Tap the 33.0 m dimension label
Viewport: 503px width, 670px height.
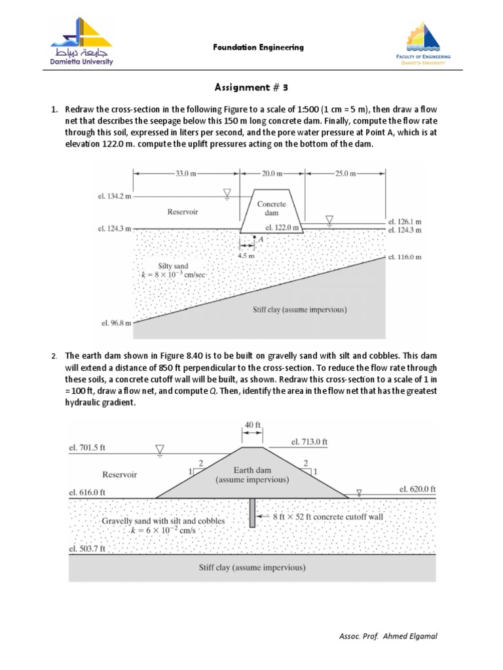tap(186, 173)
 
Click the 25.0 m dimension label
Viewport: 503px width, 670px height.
tap(345, 173)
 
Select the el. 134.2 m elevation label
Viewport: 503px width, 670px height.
tap(114, 195)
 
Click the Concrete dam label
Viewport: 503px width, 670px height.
tap(271, 209)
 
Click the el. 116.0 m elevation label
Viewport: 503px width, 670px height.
tap(405, 257)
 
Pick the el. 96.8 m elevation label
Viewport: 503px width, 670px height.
tap(116, 323)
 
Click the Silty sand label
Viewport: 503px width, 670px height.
tap(172, 265)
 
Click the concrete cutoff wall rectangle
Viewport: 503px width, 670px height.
tap(252, 513)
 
